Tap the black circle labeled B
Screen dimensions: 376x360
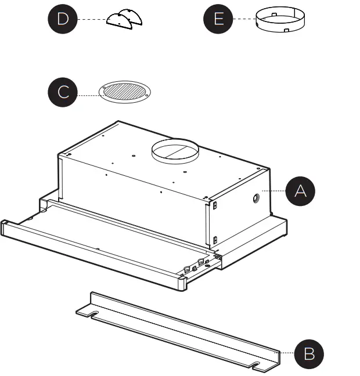(x=308, y=353)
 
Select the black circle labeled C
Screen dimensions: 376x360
(x=63, y=92)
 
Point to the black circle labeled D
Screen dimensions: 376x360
(x=62, y=19)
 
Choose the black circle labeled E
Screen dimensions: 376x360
(x=218, y=19)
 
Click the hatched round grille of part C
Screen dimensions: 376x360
(x=124, y=92)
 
